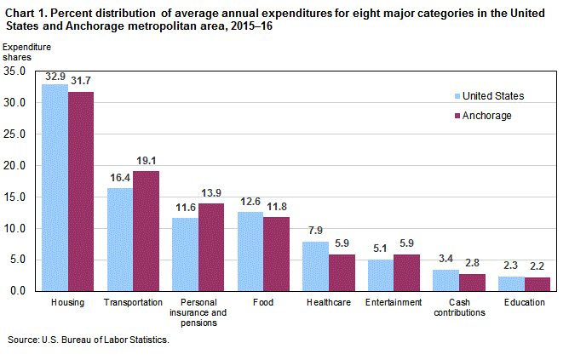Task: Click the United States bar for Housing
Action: [55, 187]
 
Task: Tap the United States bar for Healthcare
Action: [316, 266]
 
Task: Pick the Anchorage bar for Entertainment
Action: [406, 272]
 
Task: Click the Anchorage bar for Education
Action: [537, 284]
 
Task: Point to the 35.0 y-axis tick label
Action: [16, 71]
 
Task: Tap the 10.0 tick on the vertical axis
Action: [16, 229]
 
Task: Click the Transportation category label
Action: [133, 302]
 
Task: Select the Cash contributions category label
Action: [459, 307]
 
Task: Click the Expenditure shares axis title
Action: [28, 52]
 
